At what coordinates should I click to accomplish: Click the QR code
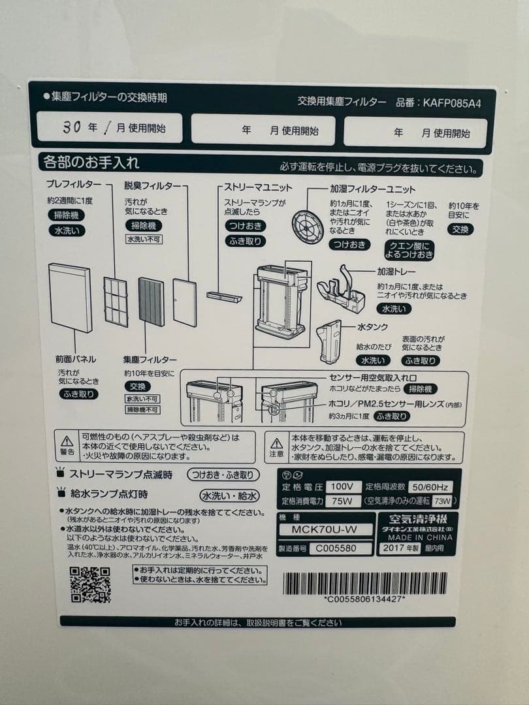pos(90,584)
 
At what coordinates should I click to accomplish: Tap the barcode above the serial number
pos(365,583)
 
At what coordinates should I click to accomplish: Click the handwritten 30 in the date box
pos(72,127)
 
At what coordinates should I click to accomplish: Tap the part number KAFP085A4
pos(452,102)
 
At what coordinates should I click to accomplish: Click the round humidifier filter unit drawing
pos(308,227)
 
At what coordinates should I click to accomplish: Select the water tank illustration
pos(330,341)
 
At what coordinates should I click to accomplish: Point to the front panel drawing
pos(71,298)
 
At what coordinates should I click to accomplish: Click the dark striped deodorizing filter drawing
pos(151,302)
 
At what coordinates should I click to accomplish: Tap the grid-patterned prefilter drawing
pos(116,301)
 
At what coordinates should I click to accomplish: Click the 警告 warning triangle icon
pos(67,441)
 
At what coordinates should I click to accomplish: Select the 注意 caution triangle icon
pos(277,442)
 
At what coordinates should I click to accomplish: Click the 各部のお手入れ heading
pos(91,161)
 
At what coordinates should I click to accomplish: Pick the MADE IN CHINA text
pos(419,537)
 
